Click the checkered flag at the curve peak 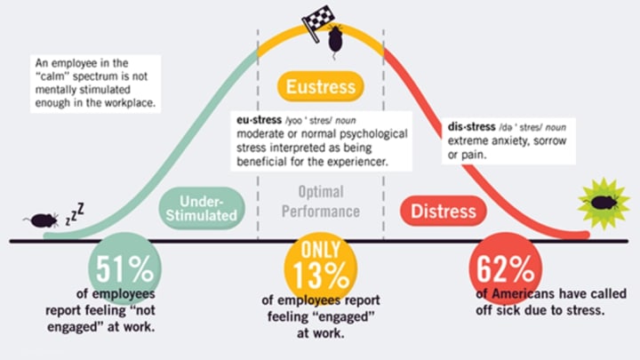(x=318, y=21)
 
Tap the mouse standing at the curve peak (x=335, y=40)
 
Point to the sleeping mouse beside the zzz (x=41, y=220)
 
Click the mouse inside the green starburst (x=604, y=203)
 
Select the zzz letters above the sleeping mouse (x=75, y=214)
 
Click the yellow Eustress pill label (x=320, y=86)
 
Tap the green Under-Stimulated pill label (x=202, y=208)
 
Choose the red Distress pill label (x=444, y=211)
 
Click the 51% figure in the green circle (x=125, y=269)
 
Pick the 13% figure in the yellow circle (x=321, y=275)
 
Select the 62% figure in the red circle (x=505, y=269)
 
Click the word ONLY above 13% (x=321, y=250)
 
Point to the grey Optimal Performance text (x=321, y=202)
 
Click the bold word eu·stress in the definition (x=260, y=120)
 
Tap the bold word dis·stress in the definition (x=471, y=126)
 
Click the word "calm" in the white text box (x=51, y=76)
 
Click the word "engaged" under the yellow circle (x=321, y=316)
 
